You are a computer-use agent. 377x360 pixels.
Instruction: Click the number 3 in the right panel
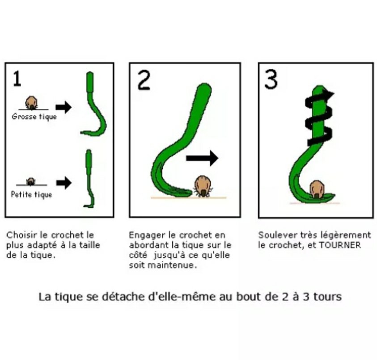point(271,79)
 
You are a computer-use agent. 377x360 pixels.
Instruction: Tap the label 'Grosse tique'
point(34,117)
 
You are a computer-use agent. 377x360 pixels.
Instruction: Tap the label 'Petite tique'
point(31,195)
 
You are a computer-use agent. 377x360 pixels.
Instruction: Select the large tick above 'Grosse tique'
point(31,103)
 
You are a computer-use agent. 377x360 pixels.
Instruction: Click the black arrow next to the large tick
point(63,107)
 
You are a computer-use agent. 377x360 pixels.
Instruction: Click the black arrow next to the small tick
point(64,183)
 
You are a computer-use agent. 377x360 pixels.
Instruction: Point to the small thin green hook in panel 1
point(89,179)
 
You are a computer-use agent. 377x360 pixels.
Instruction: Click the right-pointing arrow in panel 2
point(202,158)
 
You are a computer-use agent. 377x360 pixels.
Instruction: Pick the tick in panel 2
point(202,186)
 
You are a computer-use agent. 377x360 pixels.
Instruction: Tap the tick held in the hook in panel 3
point(317,189)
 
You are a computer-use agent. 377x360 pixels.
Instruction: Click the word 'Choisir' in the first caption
point(20,235)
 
